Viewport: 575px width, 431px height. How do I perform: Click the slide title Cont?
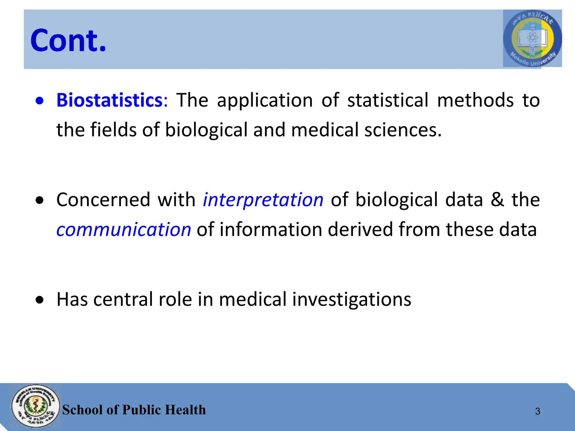(68, 40)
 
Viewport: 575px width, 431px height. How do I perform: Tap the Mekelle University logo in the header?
(532, 38)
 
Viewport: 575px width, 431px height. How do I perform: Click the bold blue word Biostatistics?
(109, 100)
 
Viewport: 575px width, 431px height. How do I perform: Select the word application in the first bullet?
(265, 100)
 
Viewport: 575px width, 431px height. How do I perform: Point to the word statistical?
(388, 100)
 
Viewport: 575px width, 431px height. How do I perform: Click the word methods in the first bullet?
(475, 100)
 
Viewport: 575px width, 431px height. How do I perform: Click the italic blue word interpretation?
(263, 200)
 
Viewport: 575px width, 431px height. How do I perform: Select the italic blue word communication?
(124, 230)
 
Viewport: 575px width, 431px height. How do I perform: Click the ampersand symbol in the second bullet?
(497, 200)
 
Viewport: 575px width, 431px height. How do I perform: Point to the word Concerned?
(103, 200)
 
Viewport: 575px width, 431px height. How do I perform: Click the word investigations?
(352, 299)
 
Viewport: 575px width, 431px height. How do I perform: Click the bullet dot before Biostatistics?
(40, 101)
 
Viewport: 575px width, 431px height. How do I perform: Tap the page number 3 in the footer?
(538, 411)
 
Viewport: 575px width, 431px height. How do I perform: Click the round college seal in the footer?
(36, 406)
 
